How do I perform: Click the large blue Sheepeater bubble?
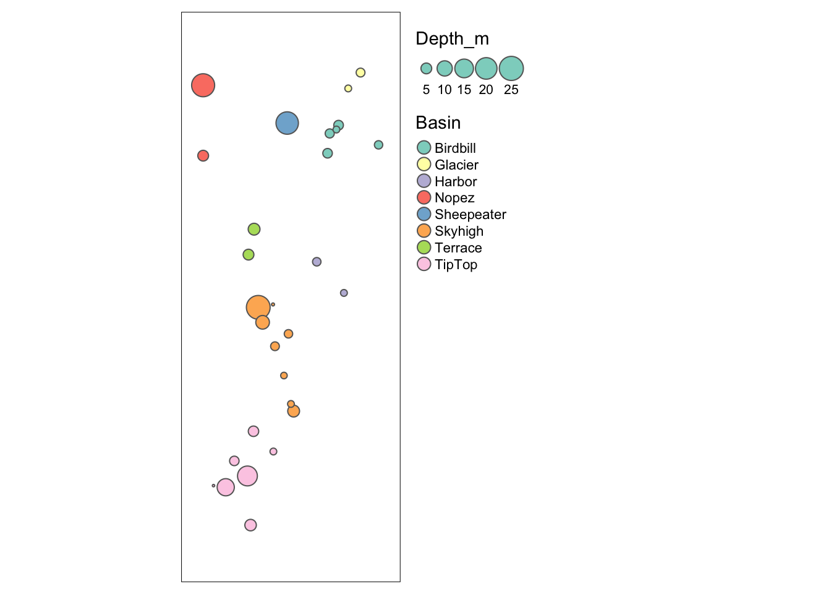pos(287,123)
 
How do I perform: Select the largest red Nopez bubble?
pos(203,85)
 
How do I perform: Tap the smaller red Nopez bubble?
pos(203,156)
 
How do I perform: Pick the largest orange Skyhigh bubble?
pos(258,307)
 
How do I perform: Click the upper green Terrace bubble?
pos(254,230)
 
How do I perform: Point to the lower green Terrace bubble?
pos(249,254)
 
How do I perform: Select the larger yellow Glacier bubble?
pos(360,72)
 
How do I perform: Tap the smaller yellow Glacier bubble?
pos(348,88)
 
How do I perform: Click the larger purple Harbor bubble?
pos(317,262)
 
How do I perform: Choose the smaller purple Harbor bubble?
pos(344,293)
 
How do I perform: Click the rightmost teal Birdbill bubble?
pos(378,145)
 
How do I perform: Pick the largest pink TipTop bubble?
pos(247,476)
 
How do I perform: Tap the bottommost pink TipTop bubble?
pos(250,525)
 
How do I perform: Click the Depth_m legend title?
pos(452,39)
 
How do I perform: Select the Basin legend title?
pos(438,123)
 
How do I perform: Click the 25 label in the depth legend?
pos(511,90)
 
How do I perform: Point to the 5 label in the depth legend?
pos(426,90)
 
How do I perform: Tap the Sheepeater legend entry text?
pos(470,215)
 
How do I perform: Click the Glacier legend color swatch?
pos(424,165)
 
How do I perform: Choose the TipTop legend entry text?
pos(456,265)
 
